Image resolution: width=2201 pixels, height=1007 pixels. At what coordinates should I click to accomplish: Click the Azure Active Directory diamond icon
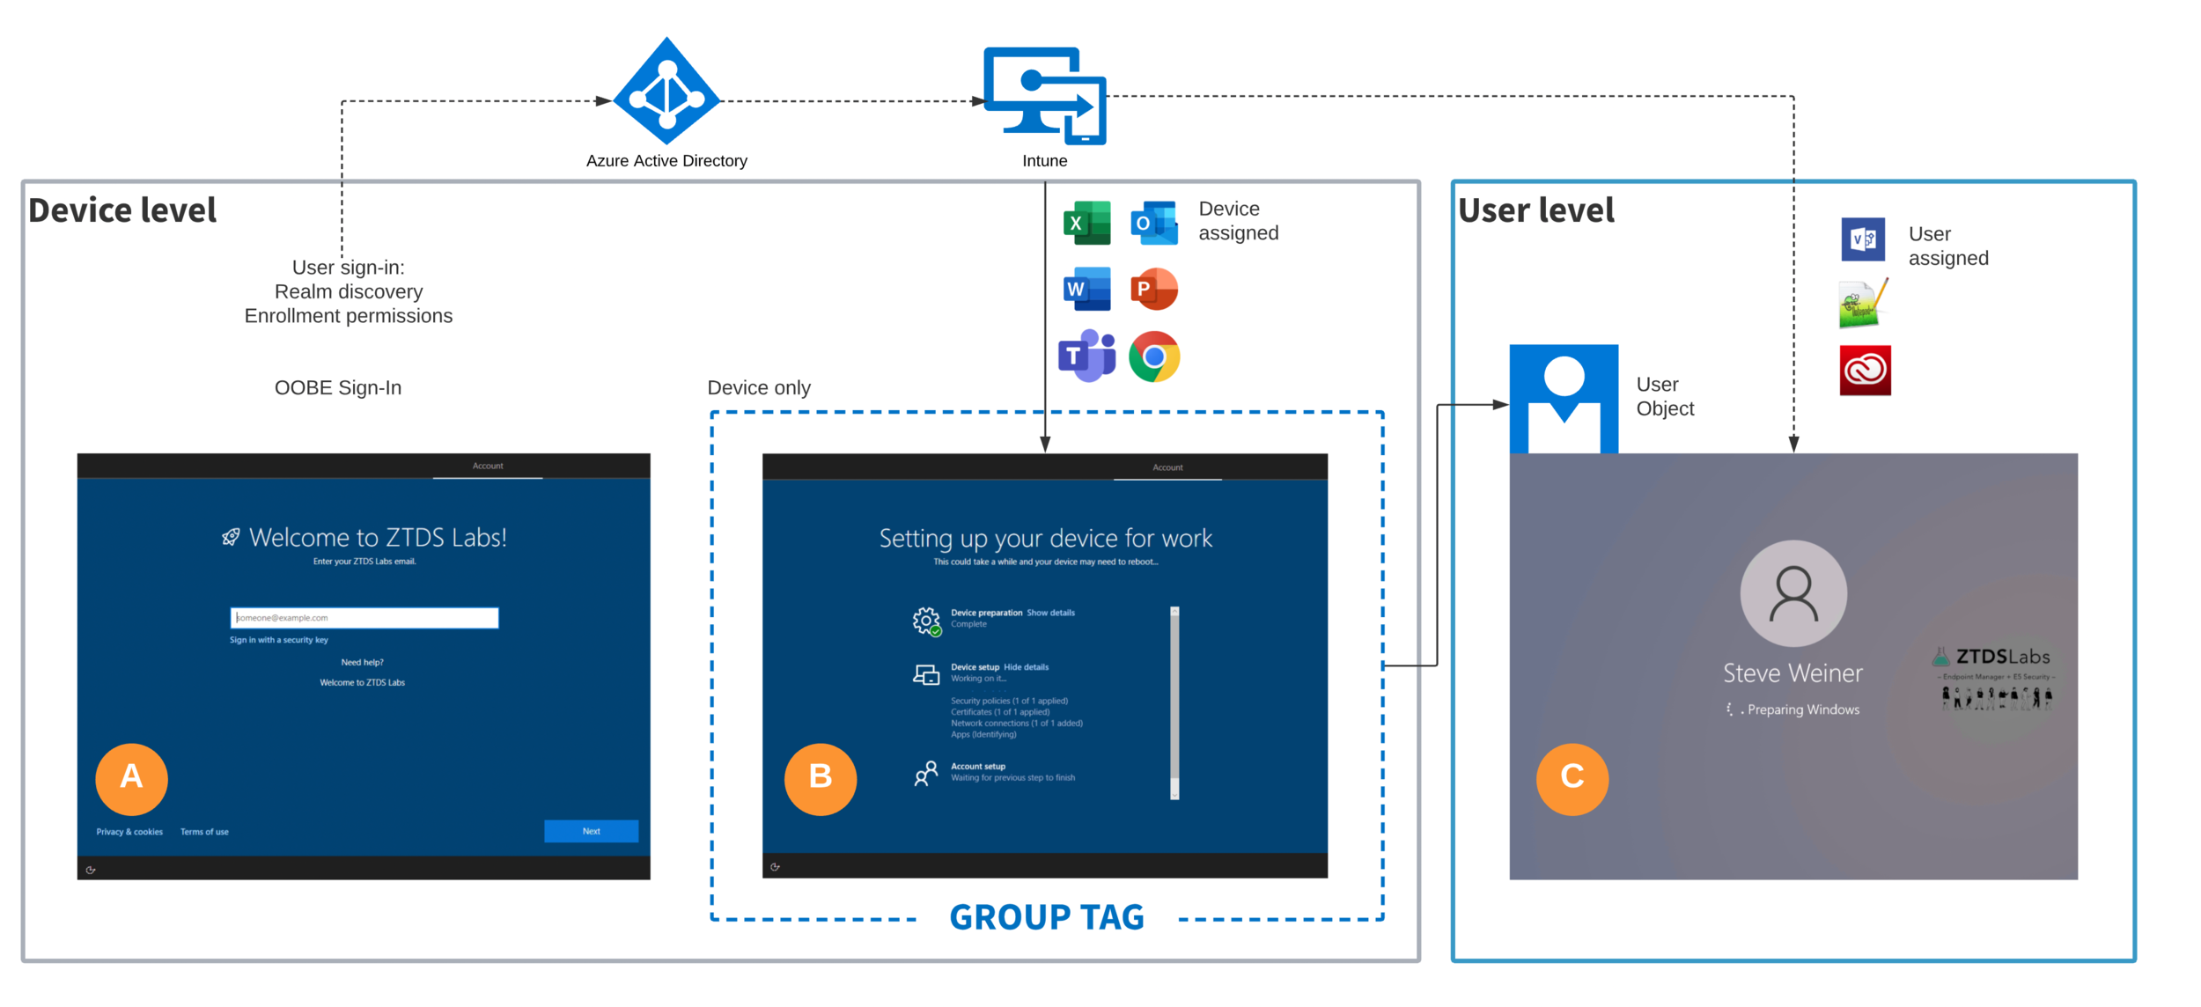point(666,92)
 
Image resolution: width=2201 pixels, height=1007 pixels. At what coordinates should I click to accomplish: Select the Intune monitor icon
point(1044,95)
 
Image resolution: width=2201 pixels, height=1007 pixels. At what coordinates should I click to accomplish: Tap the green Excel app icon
point(1086,223)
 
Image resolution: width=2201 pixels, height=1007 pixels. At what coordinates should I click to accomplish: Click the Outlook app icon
point(1153,223)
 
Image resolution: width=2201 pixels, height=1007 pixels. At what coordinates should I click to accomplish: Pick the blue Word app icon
point(1086,289)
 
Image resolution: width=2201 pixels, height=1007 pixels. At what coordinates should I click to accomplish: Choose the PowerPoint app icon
point(1153,289)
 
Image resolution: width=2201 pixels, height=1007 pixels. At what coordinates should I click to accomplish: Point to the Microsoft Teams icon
point(1086,356)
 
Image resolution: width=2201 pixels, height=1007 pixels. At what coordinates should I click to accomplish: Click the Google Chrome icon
point(1153,356)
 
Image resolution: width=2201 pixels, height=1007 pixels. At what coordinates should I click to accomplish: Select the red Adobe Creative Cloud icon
point(1865,371)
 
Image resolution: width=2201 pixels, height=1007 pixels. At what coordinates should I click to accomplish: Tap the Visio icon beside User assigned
point(1863,239)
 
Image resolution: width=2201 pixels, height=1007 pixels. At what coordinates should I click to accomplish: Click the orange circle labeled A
point(131,779)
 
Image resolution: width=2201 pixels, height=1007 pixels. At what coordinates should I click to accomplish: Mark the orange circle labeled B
point(821,779)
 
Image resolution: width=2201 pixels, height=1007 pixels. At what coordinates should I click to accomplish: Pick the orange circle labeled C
point(1572,779)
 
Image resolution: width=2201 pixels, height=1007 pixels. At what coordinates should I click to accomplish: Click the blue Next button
point(591,832)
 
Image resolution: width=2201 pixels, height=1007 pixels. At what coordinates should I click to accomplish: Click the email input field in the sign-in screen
point(364,618)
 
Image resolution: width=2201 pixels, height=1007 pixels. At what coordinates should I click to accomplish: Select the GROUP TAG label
point(1047,918)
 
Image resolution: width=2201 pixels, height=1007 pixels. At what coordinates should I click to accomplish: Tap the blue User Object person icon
point(1564,399)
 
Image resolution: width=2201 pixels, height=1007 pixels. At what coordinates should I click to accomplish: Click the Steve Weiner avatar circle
point(1793,594)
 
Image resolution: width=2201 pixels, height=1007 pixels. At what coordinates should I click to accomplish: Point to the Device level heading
point(122,210)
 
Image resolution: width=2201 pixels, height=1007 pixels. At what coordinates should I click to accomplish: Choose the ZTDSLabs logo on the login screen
point(1995,678)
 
